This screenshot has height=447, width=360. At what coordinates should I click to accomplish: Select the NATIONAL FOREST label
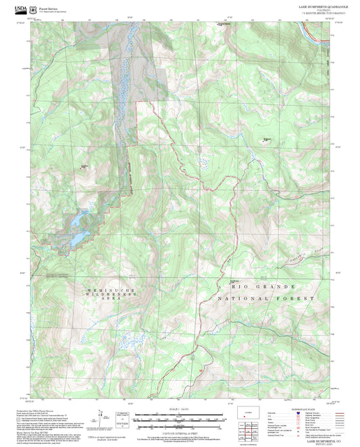[x=267, y=298]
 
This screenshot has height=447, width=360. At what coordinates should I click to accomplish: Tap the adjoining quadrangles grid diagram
[x=253, y=429]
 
